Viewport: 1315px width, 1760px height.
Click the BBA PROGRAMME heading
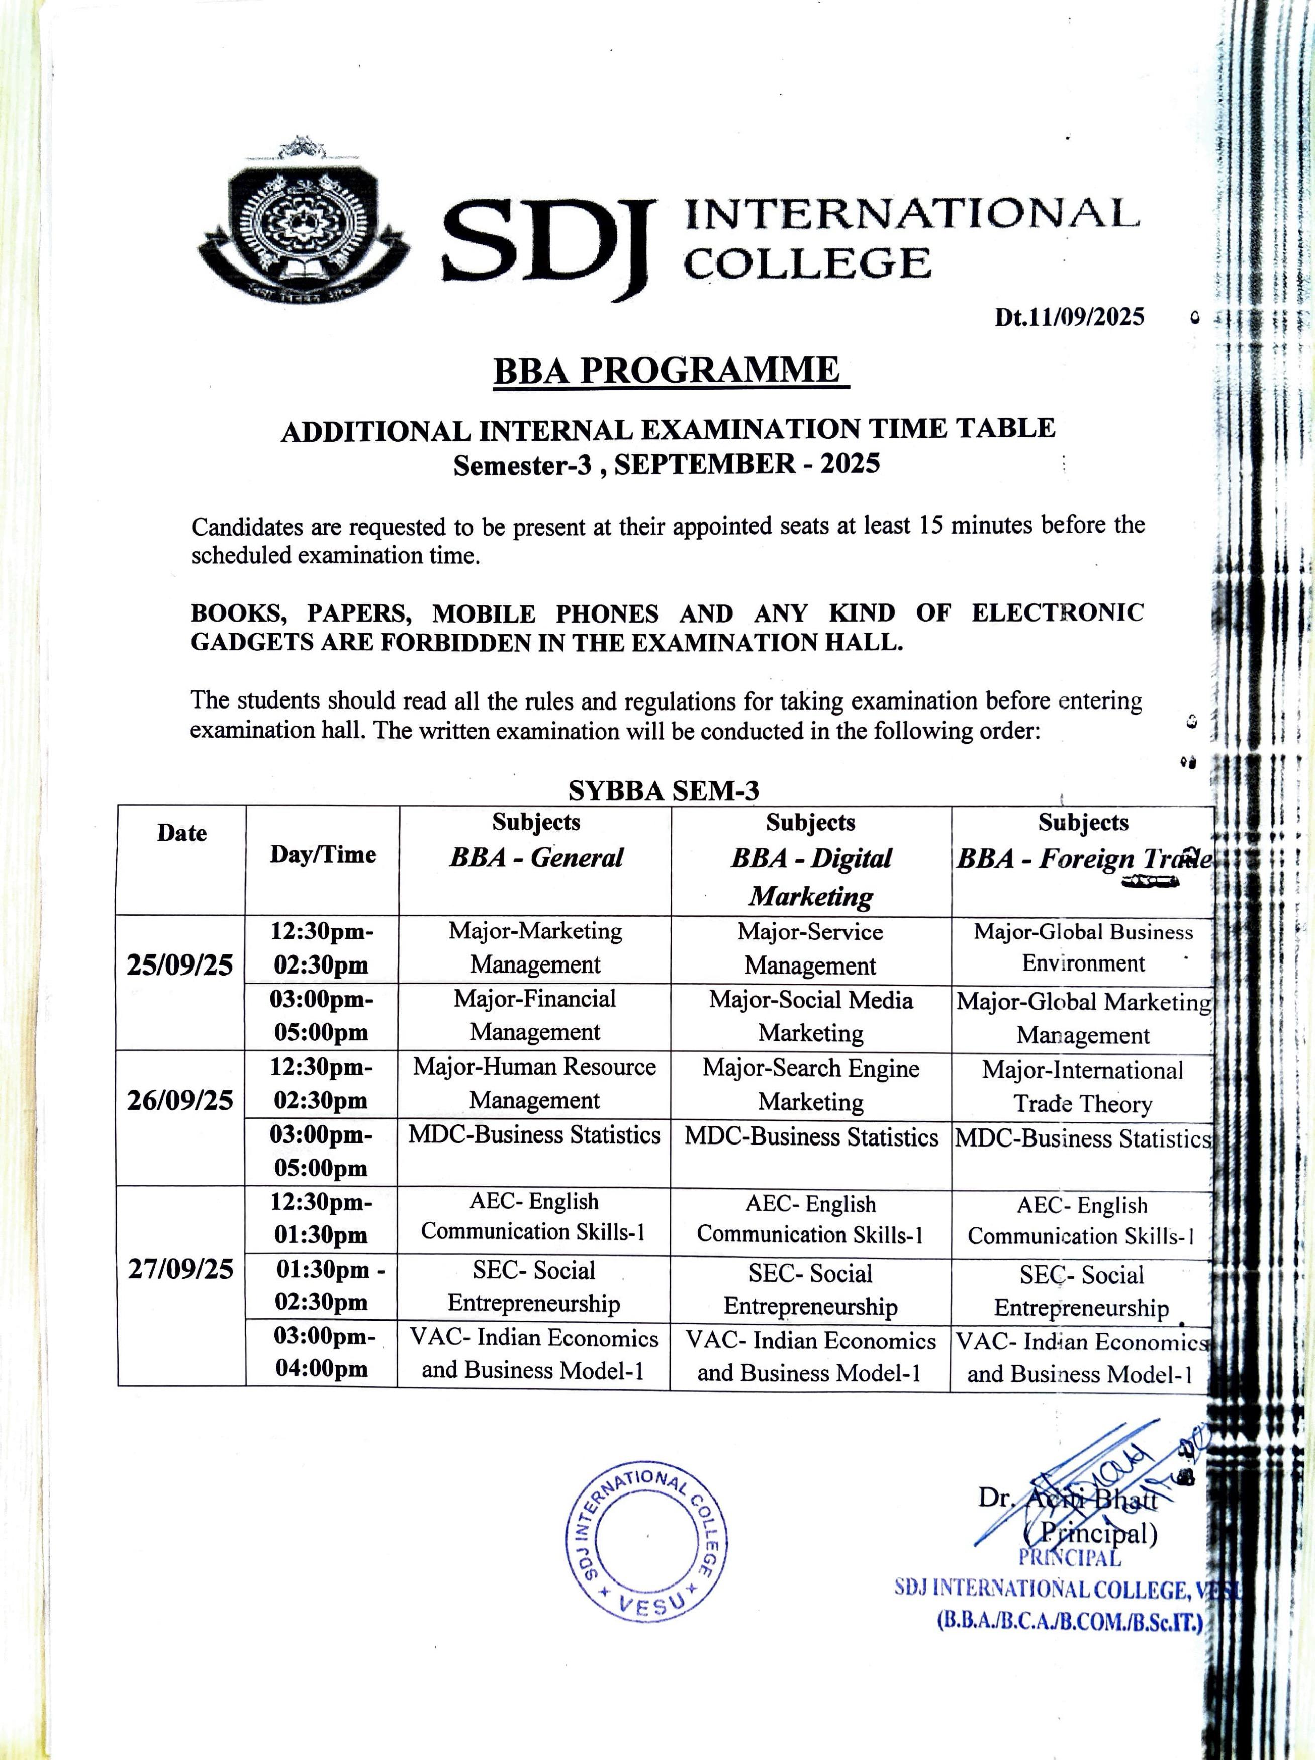pyautogui.click(x=666, y=370)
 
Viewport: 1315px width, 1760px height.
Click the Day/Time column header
pyautogui.click(x=322, y=854)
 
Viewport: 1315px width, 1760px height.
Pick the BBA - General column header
pyautogui.click(x=535, y=858)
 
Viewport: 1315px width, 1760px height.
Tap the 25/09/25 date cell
pyautogui.click(x=180, y=965)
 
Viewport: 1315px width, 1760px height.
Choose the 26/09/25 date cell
pyautogui.click(x=180, y=1100)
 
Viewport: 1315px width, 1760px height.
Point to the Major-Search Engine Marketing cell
pyautogui.click(x=811, y=1085)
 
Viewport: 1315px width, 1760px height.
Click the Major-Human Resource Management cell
pyautogui.click(x=534, y=1083)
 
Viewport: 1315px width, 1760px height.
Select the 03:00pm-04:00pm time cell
pyautogui.click(x=322, y=1353)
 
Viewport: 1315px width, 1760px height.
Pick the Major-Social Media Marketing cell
pyautogui.click(x=811, y=1016)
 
